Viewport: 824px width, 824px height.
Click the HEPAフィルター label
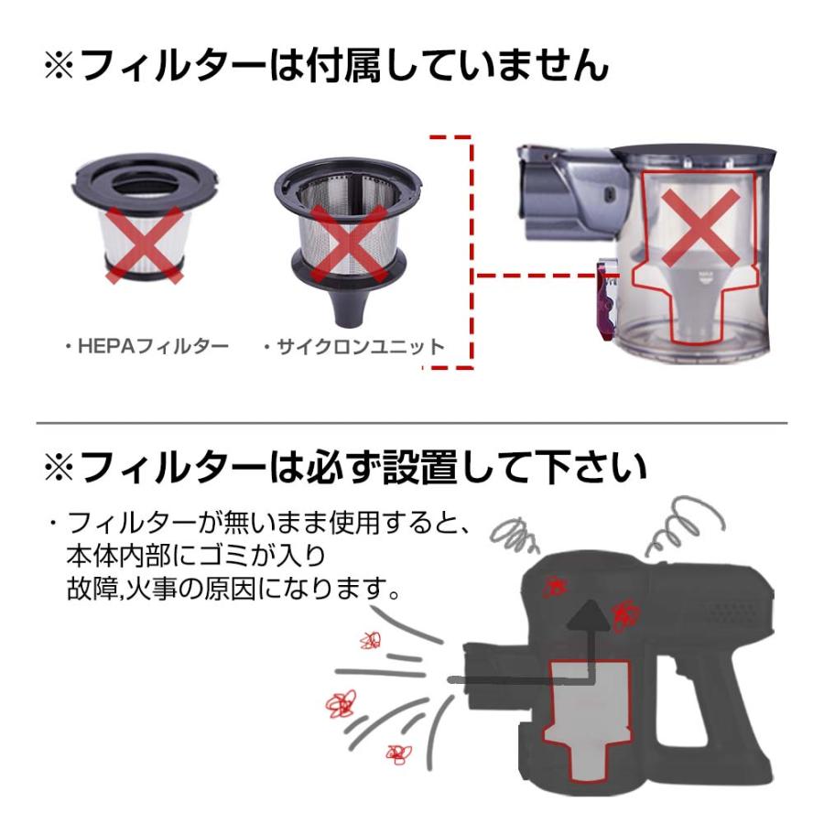153,346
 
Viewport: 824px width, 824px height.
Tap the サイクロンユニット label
360,347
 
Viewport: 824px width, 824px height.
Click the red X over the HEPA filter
145,244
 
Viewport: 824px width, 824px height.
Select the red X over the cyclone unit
349,244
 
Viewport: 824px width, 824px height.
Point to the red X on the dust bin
700,228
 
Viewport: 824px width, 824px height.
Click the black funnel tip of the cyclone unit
347,310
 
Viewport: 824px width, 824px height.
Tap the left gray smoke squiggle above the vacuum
514,535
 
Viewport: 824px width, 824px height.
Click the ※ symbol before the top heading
60,65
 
